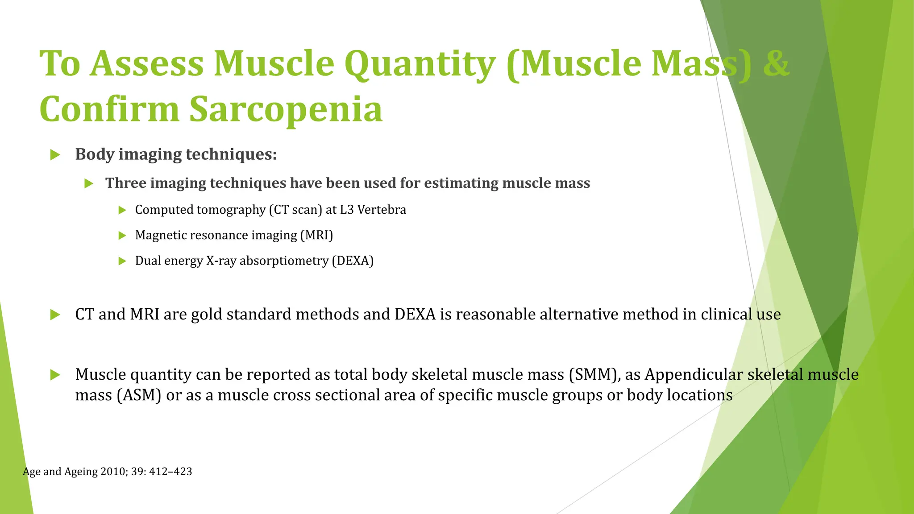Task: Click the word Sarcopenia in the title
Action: click(286, 110)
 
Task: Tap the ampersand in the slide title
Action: click(776, 64)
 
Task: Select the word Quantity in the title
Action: click(420, 64)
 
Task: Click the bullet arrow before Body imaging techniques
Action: click(55, 155)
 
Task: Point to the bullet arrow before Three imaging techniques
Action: click(89, 183)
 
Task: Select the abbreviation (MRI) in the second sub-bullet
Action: click(316, 235)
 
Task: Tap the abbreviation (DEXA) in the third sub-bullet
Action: click(353, 261)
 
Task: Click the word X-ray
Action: click(221, 261)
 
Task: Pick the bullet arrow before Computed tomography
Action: click(122, 210)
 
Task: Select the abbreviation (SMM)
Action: click(594, 374)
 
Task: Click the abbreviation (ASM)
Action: click(139, 395)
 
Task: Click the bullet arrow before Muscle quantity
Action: click(55, 375)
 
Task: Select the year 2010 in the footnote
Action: click(113, 472)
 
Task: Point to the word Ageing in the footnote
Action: click(81, 472)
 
